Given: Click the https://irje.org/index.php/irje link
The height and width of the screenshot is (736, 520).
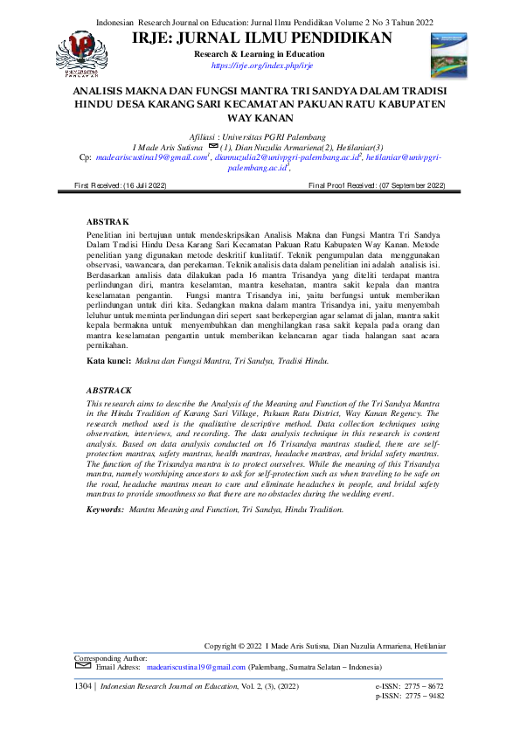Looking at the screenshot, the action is (x=262, y=66).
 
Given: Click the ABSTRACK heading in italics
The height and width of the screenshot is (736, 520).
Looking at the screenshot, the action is (x=109, y=390).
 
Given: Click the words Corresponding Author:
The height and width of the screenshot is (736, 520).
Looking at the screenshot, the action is (x=111, y=657).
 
